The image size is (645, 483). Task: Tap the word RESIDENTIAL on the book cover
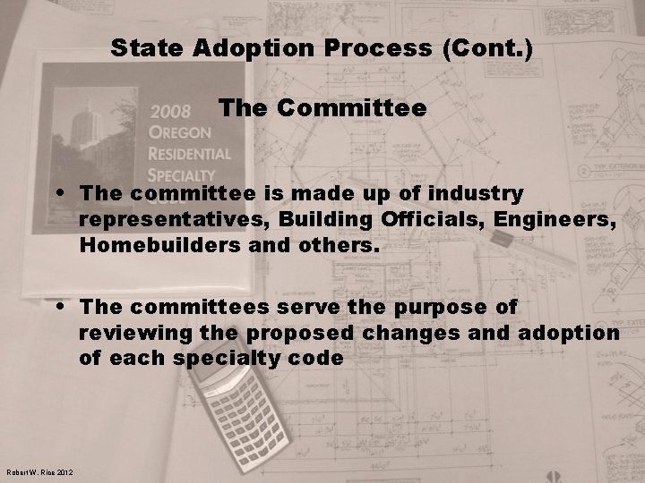[191, 153]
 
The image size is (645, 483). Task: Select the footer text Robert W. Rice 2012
[39, 473]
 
